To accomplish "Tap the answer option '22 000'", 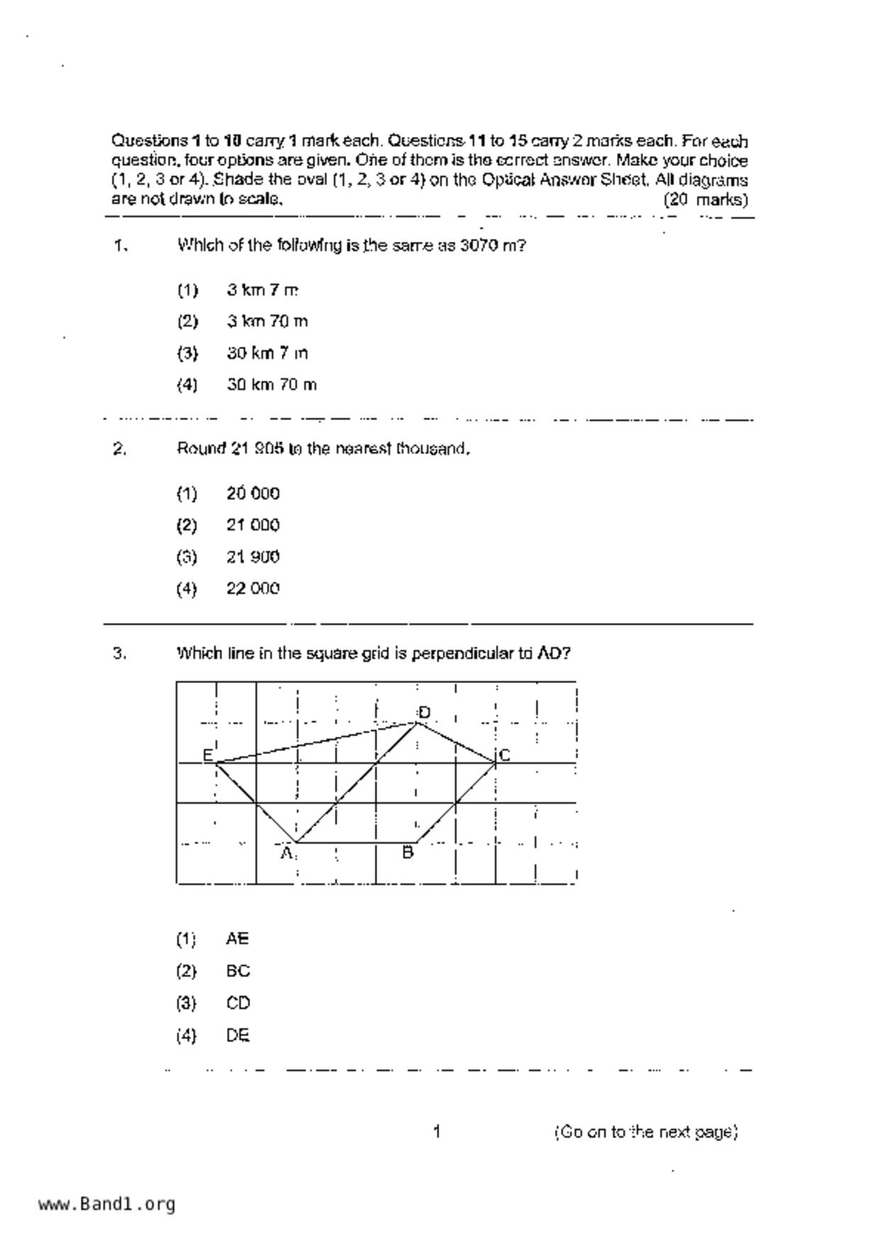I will (253, 588).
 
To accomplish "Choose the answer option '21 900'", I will (253, 557).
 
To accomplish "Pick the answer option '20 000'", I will (253, 493).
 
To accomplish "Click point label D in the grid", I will (424, 712).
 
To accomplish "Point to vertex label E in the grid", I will (208, 755).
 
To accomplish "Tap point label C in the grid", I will (504, 755).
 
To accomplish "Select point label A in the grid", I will (287, 852).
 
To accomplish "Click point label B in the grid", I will (408, 852).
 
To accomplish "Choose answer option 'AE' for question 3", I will (237, 938).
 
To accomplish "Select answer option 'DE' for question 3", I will (238, 1035).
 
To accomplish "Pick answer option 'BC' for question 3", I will (238, 971).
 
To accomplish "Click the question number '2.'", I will (120, 448).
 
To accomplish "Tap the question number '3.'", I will (120, 652).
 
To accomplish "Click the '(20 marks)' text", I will (705, 199).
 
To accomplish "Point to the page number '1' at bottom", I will (437, 1131).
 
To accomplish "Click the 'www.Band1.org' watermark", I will (106, 1204).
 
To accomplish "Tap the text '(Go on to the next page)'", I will (646, 1131).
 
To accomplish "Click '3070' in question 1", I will (479, 245).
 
